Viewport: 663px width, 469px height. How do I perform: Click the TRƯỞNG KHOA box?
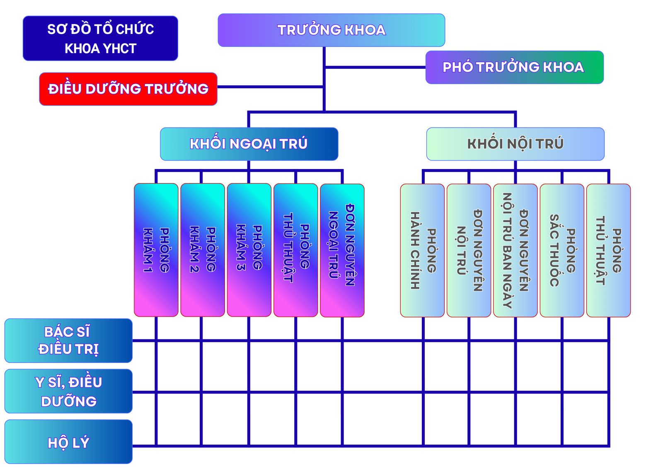point(331,30)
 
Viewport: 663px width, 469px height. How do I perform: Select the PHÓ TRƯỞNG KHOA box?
point(514,67)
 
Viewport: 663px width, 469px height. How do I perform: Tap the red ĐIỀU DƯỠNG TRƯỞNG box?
point(128,89)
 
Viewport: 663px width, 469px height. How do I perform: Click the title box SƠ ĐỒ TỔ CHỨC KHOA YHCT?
point(100,39)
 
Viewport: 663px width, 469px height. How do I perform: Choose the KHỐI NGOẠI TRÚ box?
point(249,144)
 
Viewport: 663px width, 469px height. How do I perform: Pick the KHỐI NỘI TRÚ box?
point(515,144)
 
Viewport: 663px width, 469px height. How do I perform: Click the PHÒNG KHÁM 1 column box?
point(156,250)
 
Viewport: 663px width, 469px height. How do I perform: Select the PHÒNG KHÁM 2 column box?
point(203,250)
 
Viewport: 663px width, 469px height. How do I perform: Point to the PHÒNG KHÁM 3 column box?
point(249,250)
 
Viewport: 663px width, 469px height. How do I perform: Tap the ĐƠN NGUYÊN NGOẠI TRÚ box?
point(342,250)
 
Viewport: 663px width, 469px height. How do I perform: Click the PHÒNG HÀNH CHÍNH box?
point(422,250)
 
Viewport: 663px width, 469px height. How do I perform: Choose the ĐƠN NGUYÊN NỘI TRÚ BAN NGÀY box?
point(515,250)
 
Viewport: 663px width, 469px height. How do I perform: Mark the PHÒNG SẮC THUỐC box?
point(562,250)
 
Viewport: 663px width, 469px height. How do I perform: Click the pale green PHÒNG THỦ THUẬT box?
point(608,250)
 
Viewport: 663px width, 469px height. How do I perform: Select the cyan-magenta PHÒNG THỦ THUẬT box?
point(296,250)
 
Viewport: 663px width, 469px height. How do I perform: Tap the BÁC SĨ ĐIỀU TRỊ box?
point(68,341)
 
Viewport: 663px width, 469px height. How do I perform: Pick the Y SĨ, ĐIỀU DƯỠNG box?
point(68,391)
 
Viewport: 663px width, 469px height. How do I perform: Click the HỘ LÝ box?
point(68,442)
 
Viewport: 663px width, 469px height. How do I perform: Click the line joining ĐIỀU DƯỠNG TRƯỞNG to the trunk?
point(269,87)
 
